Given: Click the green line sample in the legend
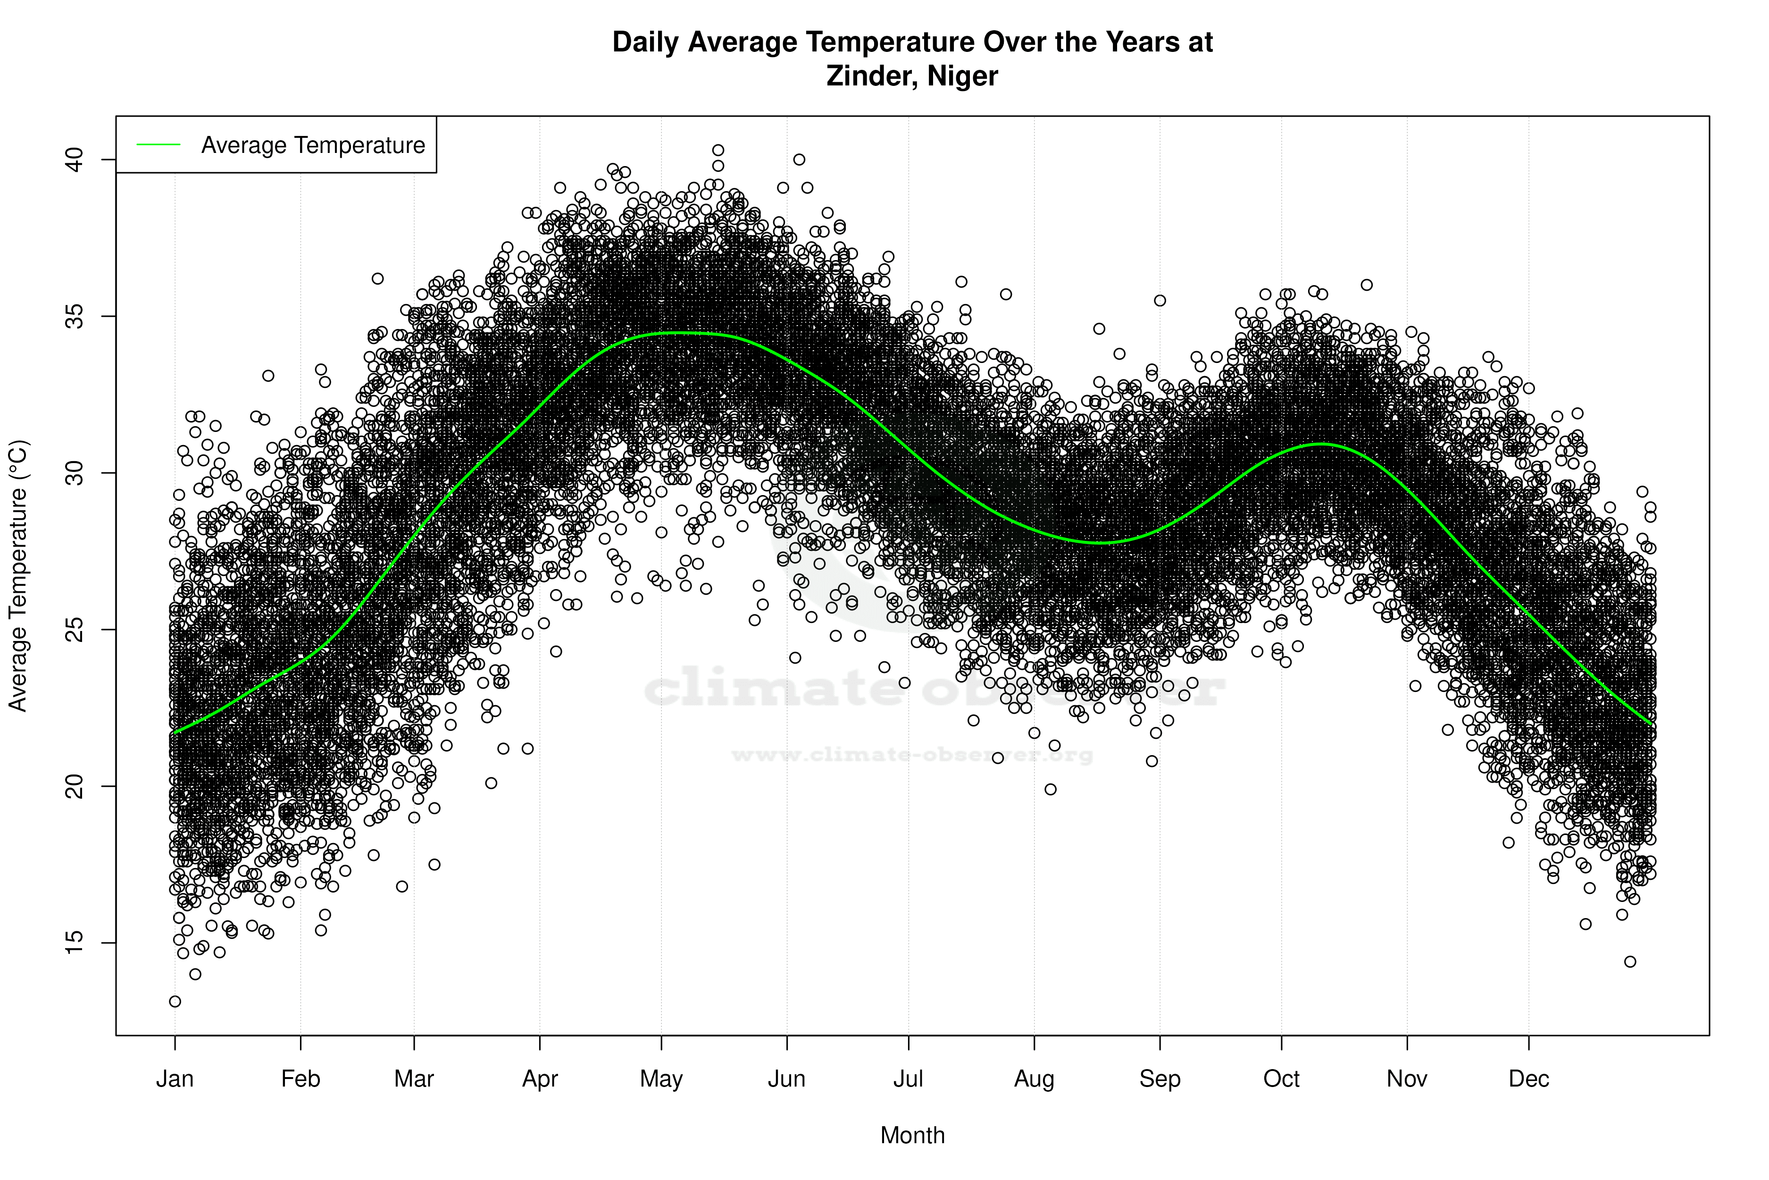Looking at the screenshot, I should coord(159,144).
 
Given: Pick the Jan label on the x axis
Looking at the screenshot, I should coord(175,1079).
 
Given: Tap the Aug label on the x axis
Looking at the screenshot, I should coord(1034,1079).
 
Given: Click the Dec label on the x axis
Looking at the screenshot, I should coord(1528,1079).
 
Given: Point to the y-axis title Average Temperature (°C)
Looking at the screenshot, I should coord(18,576).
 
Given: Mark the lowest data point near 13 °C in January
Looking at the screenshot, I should coord(175,1002).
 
